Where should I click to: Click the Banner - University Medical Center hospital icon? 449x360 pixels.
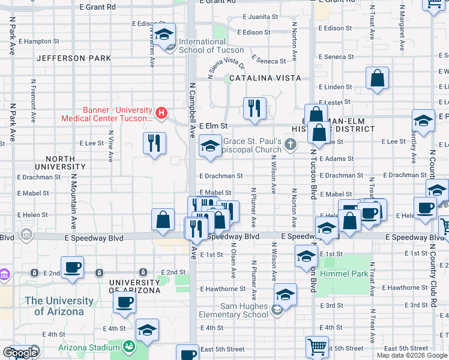point(161,112)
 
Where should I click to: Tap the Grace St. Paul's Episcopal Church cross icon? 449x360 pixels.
point(291,143)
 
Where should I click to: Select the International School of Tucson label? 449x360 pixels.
point(211,46)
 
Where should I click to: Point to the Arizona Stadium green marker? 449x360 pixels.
point(128,347)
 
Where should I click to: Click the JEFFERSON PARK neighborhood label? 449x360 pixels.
point(74,58)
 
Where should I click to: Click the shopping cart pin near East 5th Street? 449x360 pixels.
point(317,346)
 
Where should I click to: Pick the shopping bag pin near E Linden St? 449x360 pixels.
point(377,78)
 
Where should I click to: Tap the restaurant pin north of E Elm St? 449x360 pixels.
point(255,109)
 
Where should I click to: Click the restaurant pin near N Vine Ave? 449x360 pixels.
point(155,143)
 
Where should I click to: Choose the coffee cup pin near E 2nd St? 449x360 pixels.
point(72,267)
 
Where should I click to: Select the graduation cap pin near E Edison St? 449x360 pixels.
point(163,35)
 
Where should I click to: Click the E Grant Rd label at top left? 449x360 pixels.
point(97,7)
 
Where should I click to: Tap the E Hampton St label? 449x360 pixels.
point(39,41)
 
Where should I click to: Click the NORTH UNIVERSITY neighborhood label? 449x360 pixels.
point(55,163)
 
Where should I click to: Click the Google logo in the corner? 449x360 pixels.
point(20,353)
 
